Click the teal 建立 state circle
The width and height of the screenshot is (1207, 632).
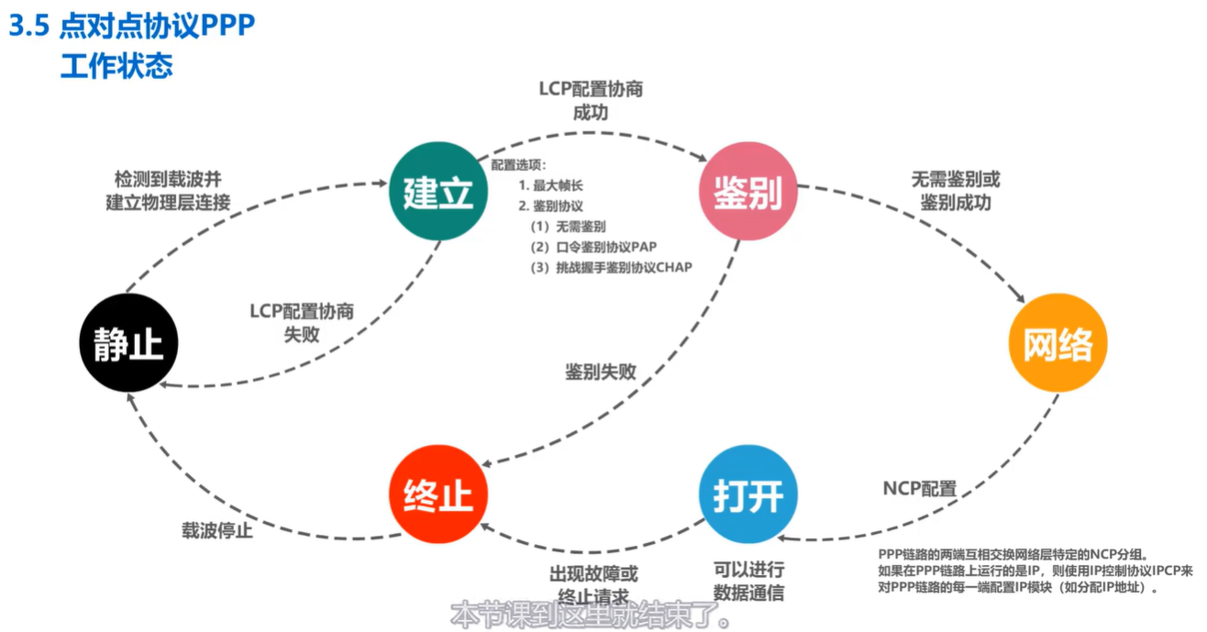[x=437, y=192]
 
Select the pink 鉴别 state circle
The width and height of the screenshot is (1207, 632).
[x=748, y=192]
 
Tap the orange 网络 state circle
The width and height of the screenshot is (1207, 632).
[x=1058, y=344]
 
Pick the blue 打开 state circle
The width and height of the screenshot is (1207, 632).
[x=747, y=495]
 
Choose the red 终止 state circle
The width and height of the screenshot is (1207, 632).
[x=437, y=495]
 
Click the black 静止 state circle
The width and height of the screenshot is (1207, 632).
[x=128, y=344]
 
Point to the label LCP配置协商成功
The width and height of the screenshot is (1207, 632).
[x=590, y=101]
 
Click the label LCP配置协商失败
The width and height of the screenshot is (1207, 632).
[x=302, y=322]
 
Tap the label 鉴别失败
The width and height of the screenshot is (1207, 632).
[x=600, y=371]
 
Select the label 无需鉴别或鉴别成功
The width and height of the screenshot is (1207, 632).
[x=955, y=191]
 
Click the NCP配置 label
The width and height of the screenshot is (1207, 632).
[x=920, y=488]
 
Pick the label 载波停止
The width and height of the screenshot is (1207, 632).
[x=216, y=531]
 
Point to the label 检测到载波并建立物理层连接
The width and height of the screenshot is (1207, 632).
[x=168, y=190]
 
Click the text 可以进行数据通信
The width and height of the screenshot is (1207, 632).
[x=748, y=582]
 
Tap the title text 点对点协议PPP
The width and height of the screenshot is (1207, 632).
[x=156, y=27]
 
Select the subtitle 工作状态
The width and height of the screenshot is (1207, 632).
[x=116, y=67]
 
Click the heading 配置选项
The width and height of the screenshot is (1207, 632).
[x=519, y=166]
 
